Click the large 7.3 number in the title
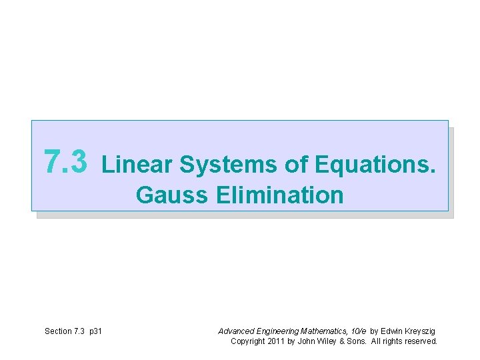tap(65, 161)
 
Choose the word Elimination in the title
tap(280, 195)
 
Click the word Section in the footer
tap(57, 331)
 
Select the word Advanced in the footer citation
tap(235, 331)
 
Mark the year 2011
tap(279, 341)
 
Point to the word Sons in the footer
tap(360, 341)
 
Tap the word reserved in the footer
tap(423, 341)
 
